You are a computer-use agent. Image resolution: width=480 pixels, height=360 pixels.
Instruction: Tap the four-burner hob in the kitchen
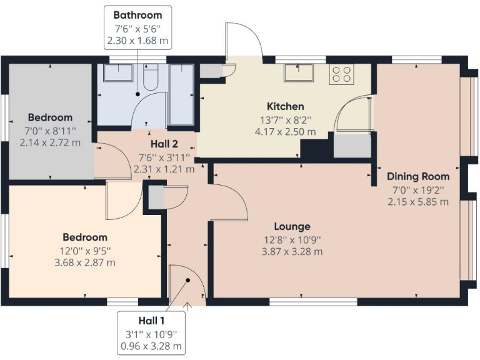coord(341,75)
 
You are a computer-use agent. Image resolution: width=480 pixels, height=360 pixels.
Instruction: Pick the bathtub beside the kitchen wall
coord(182,94)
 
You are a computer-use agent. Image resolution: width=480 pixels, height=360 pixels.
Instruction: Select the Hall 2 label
coord(163,144)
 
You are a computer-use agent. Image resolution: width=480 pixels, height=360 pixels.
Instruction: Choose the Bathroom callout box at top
coord(137,27)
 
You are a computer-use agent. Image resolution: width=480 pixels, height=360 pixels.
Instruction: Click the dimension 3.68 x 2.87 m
coord(84,262)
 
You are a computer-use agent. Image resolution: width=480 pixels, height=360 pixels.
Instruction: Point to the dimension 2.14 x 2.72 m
coord(49,142)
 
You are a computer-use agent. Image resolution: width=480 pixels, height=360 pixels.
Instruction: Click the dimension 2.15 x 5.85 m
coord(417,202)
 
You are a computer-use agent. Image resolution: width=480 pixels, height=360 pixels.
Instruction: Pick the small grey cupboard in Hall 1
coord(157,196)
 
